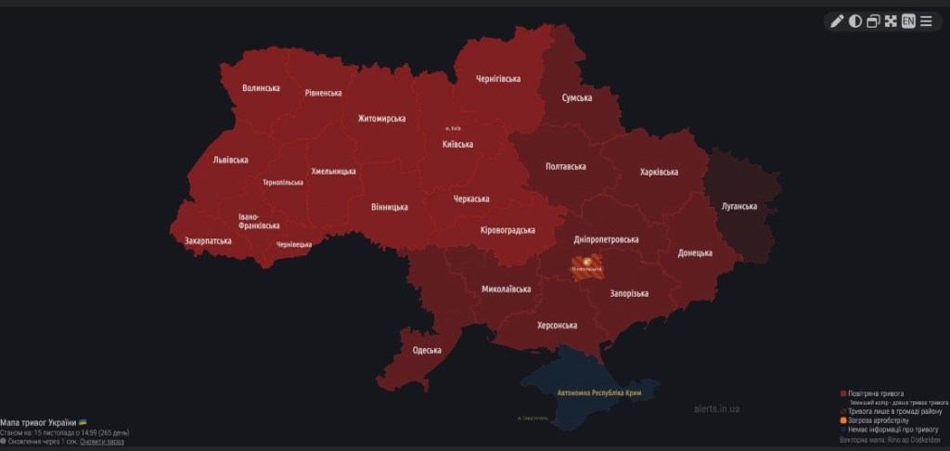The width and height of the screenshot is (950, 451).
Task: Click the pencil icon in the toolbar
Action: (837, 21)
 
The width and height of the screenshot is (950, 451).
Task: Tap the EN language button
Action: (908, 21)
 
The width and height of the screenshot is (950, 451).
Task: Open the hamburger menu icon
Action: (926, 21)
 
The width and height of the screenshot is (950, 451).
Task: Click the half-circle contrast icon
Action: (855, 21)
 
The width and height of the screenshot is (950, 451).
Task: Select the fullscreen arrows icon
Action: (891, 21)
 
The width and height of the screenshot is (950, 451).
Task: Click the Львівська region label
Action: (230, 160)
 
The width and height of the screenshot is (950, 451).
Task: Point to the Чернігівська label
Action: (499, 79)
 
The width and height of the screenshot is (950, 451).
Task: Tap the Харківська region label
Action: (659, 172)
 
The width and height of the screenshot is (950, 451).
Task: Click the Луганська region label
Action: (739, 206)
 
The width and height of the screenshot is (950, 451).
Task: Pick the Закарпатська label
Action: (208, 240)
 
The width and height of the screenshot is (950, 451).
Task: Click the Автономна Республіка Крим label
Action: (599, 393)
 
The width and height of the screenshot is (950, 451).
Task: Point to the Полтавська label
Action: (566, 166)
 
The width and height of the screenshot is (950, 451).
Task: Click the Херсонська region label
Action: (558, 325)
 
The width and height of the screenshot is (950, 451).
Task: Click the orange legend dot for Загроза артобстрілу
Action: (842, 419)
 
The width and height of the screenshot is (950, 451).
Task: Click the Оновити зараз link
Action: (101, 442)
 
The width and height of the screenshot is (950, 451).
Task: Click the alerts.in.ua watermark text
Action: (716, 408)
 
